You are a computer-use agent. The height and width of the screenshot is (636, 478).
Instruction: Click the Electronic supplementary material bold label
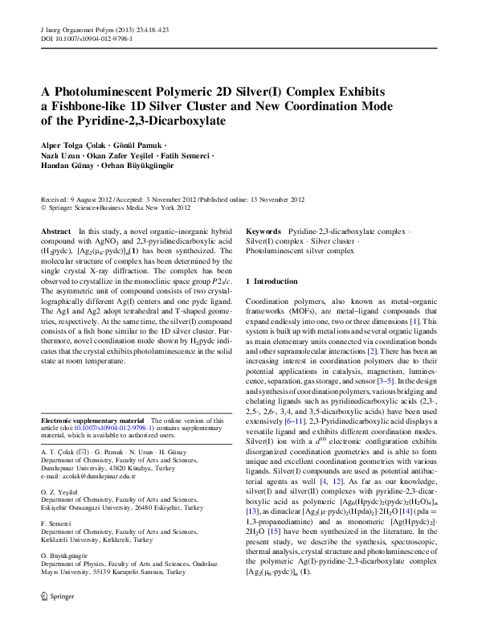pyautogui.click(x=92, y=421)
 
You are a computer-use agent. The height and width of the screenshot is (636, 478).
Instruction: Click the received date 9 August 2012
pyautogui.click(x=91, y=199)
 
